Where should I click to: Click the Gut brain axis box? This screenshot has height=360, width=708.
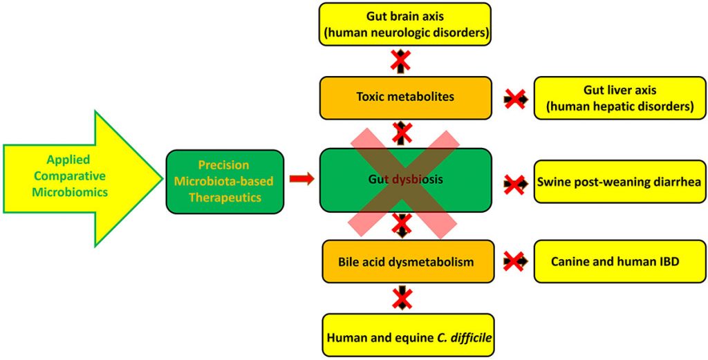[404, 24]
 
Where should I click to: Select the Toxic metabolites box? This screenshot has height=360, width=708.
[405, 97]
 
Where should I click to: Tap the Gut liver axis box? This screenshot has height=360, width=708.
[619, 97]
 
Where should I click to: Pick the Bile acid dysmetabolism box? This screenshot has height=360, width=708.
[408, 262]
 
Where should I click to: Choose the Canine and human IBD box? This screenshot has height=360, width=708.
[619, 262]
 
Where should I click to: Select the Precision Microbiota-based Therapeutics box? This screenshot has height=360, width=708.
[225, 181]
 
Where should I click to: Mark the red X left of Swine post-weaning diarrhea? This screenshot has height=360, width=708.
[514, 184]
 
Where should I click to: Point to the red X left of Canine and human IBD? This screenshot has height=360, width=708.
[514, 261]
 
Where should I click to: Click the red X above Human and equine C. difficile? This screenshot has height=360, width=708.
[402, 298]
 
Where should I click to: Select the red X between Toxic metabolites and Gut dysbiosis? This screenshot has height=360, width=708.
[402, 132]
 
